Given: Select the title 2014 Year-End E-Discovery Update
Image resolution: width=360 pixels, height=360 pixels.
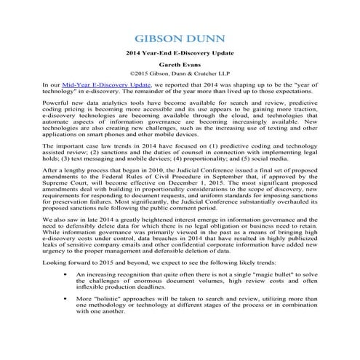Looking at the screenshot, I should [179, 54].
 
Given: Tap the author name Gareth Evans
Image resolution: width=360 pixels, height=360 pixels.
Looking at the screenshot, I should [179, 64].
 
